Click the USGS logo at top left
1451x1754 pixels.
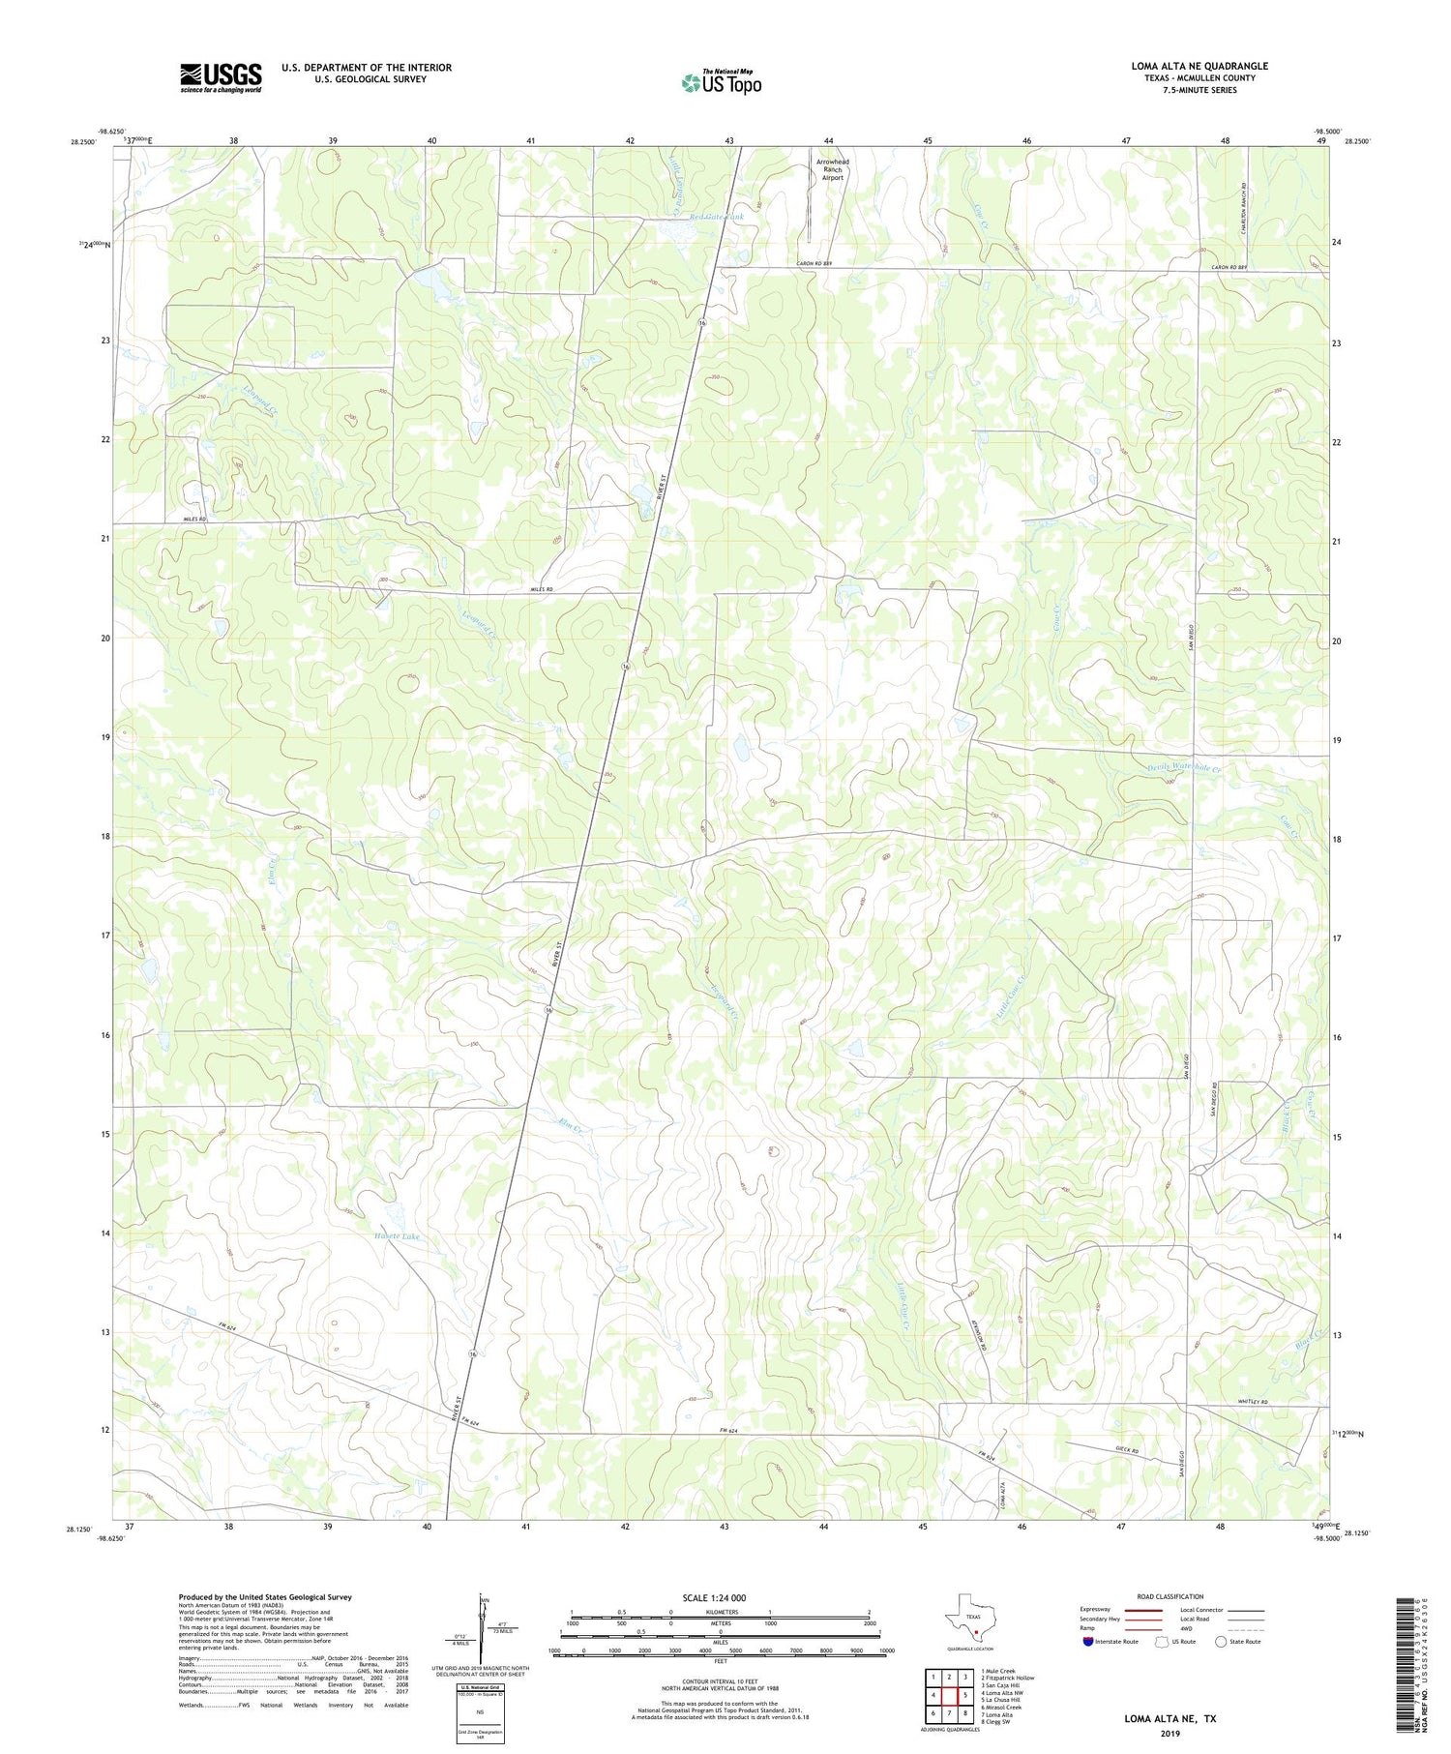(221, 77)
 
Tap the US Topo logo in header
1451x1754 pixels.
(721, 83)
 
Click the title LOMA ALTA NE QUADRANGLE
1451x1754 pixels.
(1199, 66)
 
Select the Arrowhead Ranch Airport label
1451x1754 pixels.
(832, 169)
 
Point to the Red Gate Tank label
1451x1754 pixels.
(717, 218)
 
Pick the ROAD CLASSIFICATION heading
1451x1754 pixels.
(1170, 1596)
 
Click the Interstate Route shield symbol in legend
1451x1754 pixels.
(1090, 1642)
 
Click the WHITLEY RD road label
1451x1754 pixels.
(1252, 1403)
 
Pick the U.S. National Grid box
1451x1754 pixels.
(479, 1713)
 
